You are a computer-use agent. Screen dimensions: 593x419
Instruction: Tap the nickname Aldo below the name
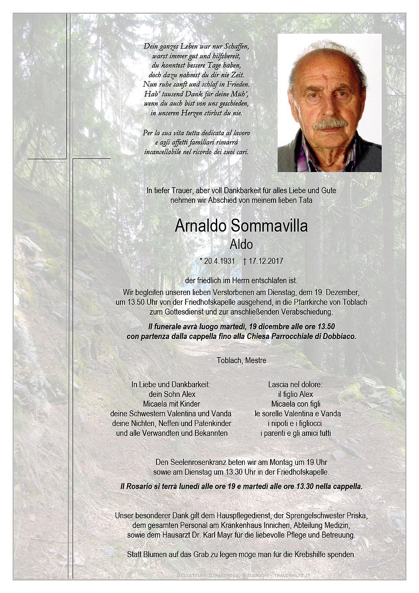tap(241, 245)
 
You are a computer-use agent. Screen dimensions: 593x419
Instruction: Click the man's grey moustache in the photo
tap(330, 124)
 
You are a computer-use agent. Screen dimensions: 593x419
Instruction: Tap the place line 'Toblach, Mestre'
tap(241, 360)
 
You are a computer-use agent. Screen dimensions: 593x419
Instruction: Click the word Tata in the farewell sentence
tap(305, 200)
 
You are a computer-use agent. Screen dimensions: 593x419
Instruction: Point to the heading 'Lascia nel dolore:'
tap(295, 384)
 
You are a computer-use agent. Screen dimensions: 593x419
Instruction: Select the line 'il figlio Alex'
tap(295, 394)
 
